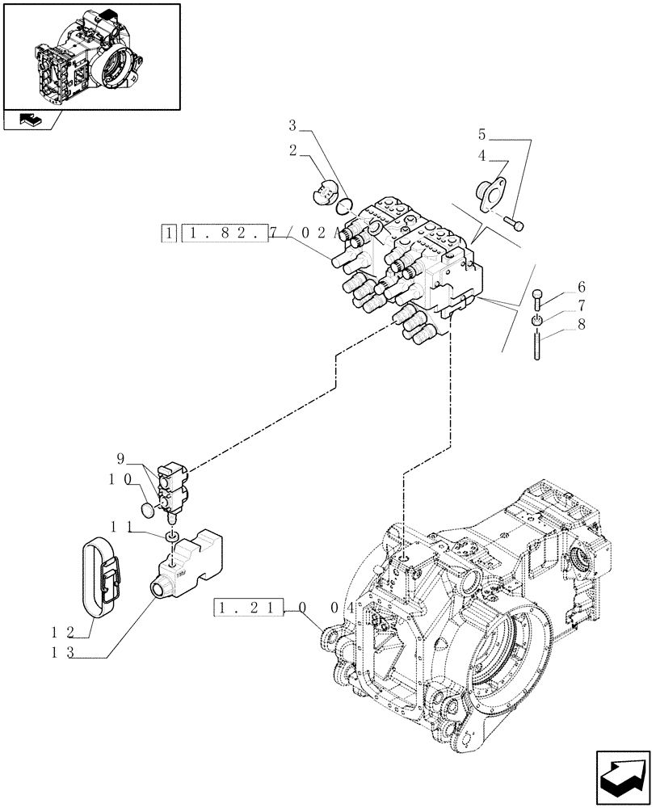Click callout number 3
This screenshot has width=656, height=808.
pos(293,125)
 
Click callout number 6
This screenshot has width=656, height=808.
pos(581,288)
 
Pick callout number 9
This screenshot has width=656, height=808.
pos(120,459)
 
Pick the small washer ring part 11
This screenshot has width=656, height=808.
pos(172,537)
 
